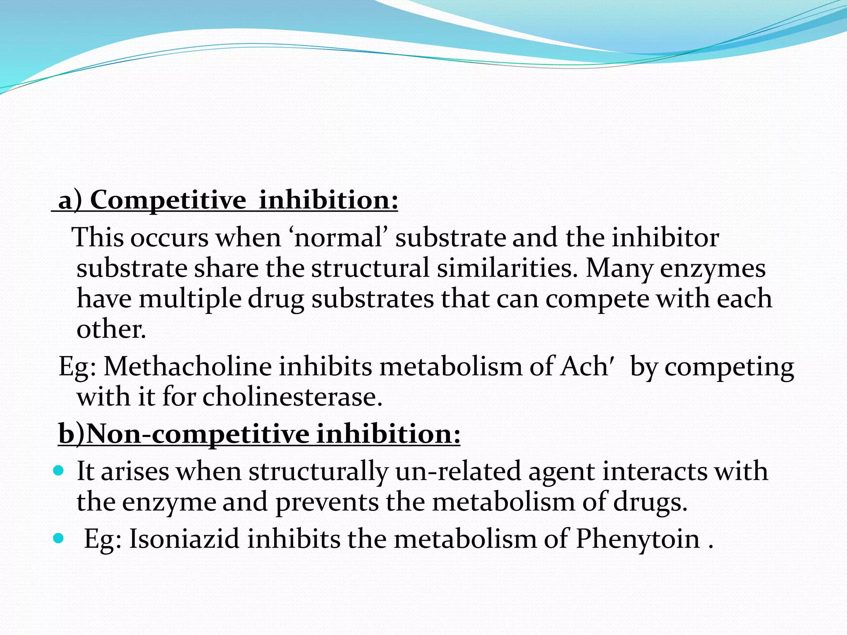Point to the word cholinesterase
pyautogui.click(x=292, y=397)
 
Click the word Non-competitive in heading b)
pyautogui.click(x=199, y=434)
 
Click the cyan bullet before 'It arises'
pyautogui.click(x=59, y=470)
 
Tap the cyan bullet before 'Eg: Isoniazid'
pyautogui.click(x=59, y=538)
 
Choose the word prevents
pyautogui.click(x=327, y=503)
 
